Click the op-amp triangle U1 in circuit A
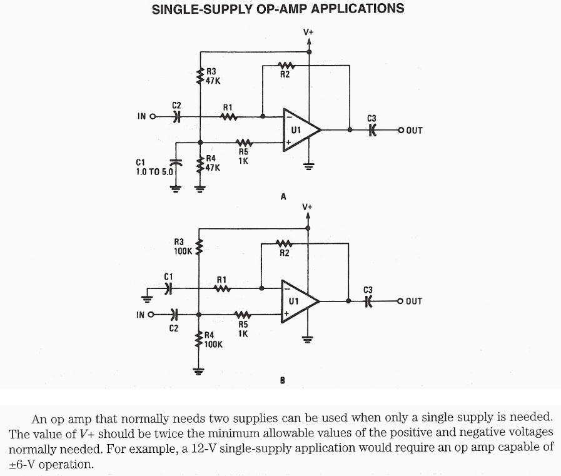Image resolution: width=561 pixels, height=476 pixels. click(300, 130)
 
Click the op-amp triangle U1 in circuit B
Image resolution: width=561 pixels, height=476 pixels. click(299, 301)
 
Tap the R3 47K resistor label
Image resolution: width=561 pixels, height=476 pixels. click(213, 76)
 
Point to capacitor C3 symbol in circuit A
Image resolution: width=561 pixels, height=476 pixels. click(372, 129)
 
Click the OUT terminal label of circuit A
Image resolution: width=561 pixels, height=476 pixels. click(414, 131)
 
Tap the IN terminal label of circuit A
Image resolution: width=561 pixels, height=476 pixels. click(142, 116)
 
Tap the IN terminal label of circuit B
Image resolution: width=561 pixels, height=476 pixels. click(141, 314)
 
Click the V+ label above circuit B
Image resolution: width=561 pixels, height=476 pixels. click(307, 206)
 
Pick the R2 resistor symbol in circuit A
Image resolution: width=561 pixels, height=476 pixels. click(285, 64)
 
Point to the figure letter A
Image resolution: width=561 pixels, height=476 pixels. click(283, 196)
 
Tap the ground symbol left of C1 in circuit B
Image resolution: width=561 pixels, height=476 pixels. click(147, 296)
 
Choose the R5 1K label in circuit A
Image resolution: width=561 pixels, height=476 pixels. click(243, 155)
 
